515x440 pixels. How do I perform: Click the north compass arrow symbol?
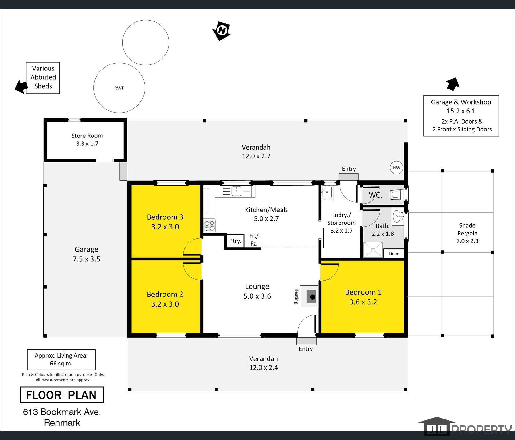222,31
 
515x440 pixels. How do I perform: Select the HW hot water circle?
396,168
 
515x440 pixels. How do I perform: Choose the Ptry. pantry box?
235,241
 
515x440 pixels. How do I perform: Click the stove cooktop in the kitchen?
209,226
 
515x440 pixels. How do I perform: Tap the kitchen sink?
236,191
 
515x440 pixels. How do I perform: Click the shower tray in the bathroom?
373,250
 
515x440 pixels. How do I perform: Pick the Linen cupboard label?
394,254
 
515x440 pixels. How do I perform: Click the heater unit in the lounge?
309,296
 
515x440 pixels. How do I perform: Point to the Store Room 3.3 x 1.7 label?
87,139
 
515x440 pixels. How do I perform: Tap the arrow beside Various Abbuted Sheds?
21,87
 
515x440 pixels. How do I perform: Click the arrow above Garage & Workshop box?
453,84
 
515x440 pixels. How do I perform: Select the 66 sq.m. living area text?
61,364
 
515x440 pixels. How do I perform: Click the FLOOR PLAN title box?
62,395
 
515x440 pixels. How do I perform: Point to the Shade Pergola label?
467,229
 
